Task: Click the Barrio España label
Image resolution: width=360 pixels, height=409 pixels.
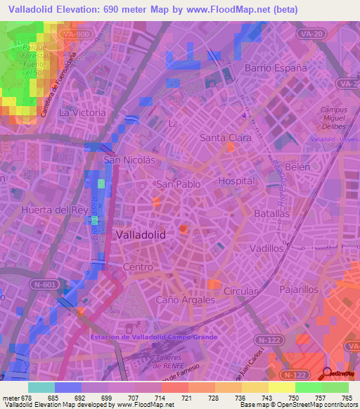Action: (276, 68)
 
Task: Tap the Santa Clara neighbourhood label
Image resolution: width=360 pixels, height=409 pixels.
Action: (226, 138)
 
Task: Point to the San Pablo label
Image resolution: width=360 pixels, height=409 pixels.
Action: (178, 184)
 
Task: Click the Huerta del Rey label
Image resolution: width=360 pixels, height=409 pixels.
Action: (54, 209)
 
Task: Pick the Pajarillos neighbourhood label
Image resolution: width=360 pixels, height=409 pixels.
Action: (299, 289)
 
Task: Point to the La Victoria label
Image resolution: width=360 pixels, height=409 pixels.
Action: (82, 112)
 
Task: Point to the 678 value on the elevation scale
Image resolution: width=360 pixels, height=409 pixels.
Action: (25, 398)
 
